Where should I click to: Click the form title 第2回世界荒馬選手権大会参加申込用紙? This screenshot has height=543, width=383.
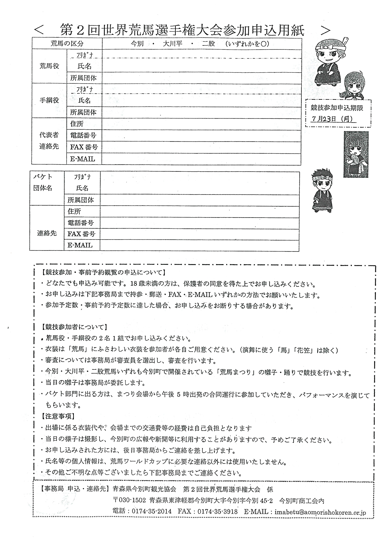[182, 31]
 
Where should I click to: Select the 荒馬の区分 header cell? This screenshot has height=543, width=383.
[67, 43]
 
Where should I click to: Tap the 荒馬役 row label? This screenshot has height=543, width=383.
[49, 66]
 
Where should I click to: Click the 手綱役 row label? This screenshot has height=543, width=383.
[49, 100]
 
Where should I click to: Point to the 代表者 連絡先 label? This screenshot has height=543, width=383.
[49, 141]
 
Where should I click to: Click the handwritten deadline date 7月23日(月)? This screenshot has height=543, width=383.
[332, 119]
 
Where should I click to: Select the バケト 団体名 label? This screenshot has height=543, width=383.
[43, 182]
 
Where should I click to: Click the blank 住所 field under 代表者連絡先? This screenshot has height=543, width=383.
[201, 124]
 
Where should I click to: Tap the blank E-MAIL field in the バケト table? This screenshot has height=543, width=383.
[199, 245]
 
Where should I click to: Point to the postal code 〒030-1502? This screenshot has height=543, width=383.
[129, 501]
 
